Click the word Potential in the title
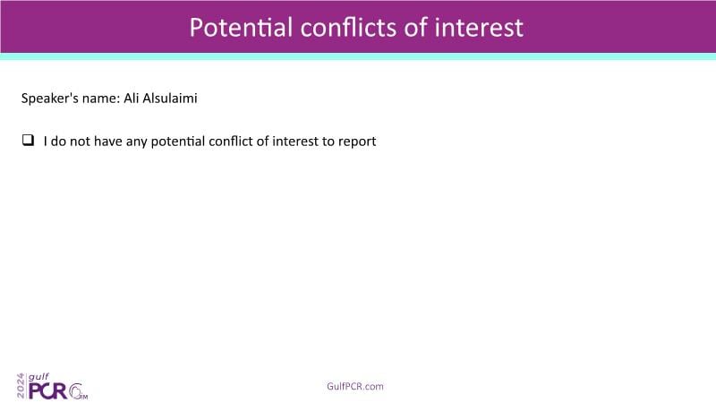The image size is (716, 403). (x=241, y=28)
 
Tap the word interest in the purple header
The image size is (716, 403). (x=479, y=28)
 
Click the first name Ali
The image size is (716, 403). (x=131, y=99)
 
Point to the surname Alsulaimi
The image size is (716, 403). (x=170, y=99)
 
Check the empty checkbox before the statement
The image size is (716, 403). (x=28, y=140)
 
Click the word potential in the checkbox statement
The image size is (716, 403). (x=177, y=141)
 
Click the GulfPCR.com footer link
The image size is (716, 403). (x=355, y=386)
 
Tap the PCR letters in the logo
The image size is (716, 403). (x=48, y=391)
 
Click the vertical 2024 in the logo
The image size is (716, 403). (x=21, y=386)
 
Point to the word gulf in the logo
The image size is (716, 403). (x=38, y=377)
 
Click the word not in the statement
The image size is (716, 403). (x=80, y=141)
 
